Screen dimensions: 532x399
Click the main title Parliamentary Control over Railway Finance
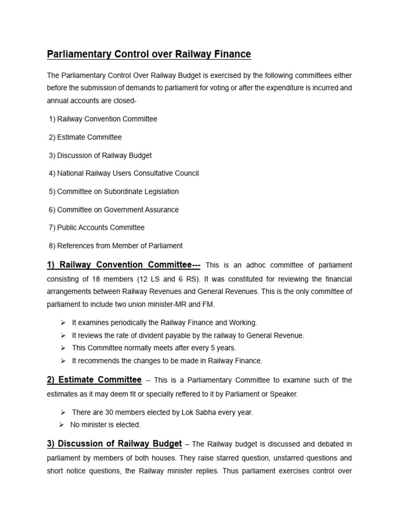coord(149,54)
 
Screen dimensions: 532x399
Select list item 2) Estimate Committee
coord(85,137)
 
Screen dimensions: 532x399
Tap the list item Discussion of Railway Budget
coord(104,155)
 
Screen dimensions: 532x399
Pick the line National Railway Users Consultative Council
coord(127,173)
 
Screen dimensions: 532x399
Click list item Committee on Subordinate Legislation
coord(117,191)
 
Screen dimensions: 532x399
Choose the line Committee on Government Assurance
coord(117,209)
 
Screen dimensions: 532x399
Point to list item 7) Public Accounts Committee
coord(97,228)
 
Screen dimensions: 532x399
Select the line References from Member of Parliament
coord(115,246)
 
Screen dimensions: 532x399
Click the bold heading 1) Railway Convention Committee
coord(124,265)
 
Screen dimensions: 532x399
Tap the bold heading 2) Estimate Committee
coord(94,380)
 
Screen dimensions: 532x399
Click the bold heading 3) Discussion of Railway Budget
coord(114,444)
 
